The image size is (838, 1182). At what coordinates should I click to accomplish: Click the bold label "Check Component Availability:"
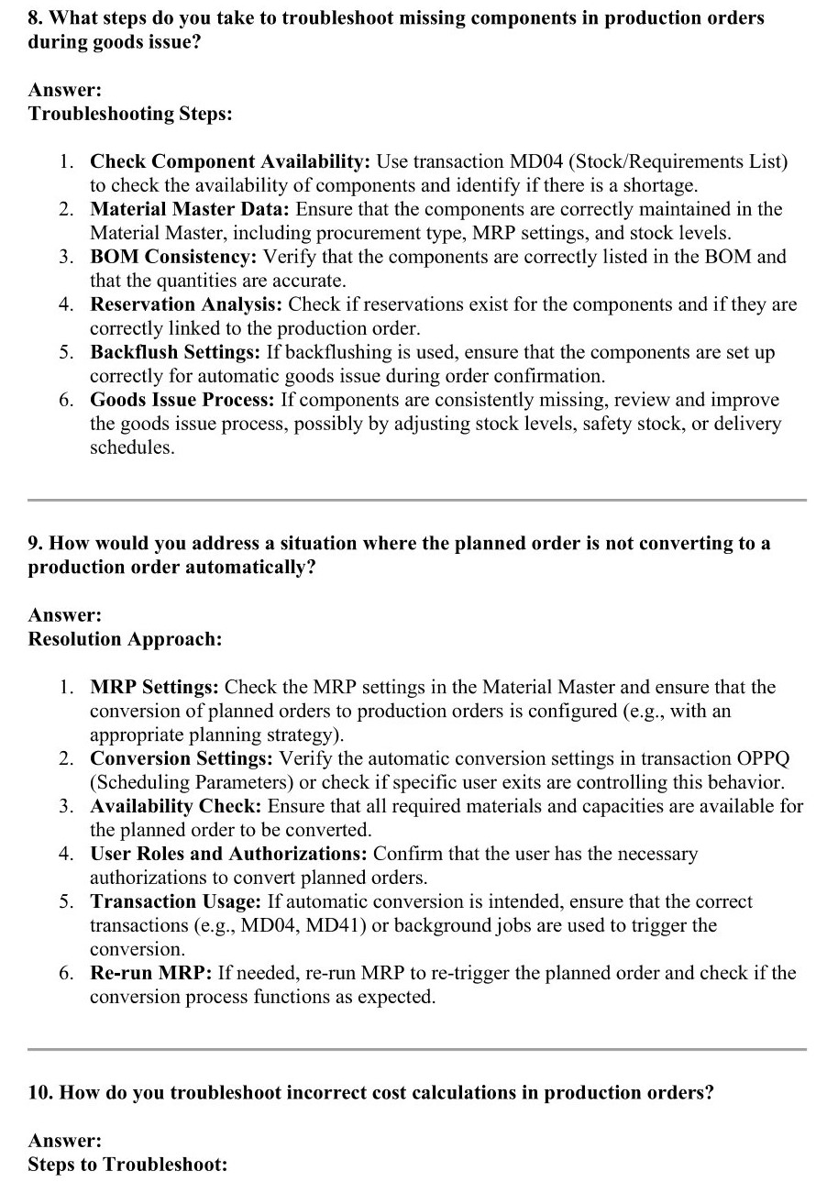click(229, 161)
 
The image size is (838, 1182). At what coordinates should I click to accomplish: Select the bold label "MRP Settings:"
click(154, 687)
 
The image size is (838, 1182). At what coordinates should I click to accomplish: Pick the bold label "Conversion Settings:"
click(182, 758)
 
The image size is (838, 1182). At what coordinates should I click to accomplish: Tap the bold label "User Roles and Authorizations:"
click(228, 854)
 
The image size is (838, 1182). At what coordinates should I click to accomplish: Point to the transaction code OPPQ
click(763, 758)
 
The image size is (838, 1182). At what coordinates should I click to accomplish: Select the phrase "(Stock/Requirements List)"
click(675, 161)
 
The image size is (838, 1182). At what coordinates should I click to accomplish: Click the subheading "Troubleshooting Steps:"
click(129, 114)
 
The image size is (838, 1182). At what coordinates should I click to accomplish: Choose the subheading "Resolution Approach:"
click(125, 639)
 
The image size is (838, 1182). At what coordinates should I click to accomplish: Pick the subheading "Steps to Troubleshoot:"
click(127, 1165)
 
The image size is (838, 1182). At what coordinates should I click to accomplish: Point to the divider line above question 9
click(417, 500)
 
